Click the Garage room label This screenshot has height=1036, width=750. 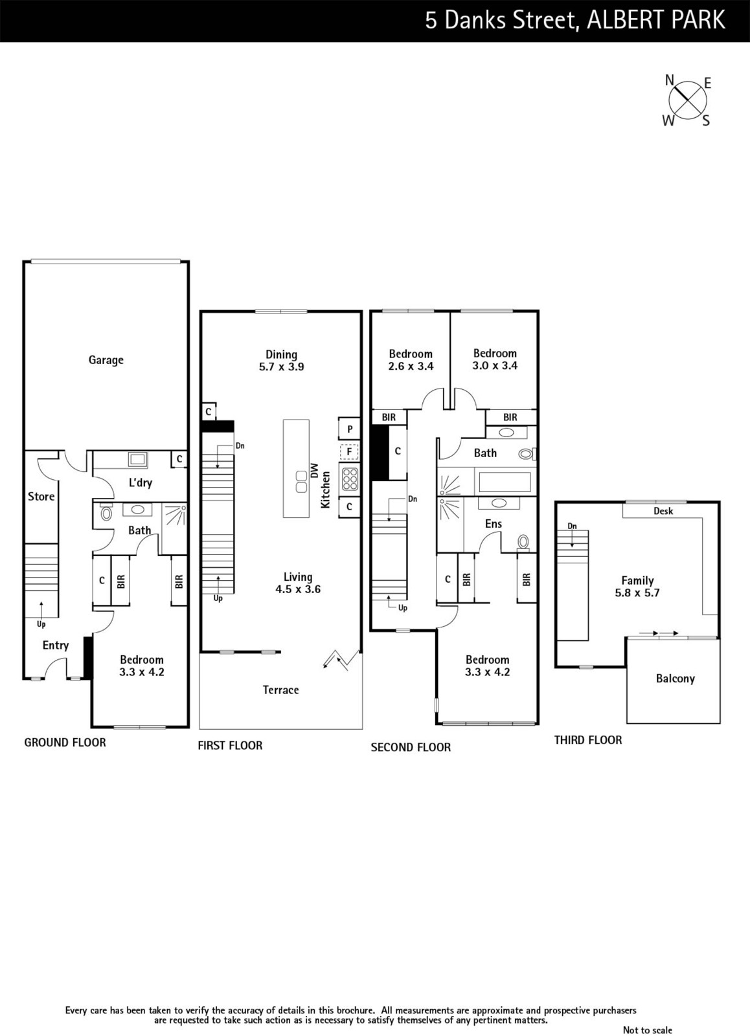106,360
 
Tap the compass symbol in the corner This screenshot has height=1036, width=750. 688,100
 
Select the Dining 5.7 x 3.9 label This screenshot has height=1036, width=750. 281,361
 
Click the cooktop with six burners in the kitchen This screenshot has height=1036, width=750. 350,479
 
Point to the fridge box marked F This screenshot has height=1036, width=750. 349,451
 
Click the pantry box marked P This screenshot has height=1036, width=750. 349,429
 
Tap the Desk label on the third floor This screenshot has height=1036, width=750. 663,511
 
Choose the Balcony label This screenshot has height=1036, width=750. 675,679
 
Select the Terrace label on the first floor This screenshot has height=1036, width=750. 280,690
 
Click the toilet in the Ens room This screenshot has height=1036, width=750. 523,541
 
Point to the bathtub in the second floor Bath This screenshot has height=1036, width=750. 505,482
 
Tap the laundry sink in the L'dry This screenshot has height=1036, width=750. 138,459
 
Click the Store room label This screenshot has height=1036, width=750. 41,496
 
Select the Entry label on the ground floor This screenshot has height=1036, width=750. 56,645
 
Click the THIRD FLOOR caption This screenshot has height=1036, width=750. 588,740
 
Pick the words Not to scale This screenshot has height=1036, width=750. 647,1030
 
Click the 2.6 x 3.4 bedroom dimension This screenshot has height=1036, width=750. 411,366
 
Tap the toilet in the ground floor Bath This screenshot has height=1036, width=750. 106,512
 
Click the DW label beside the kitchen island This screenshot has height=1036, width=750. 314,470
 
